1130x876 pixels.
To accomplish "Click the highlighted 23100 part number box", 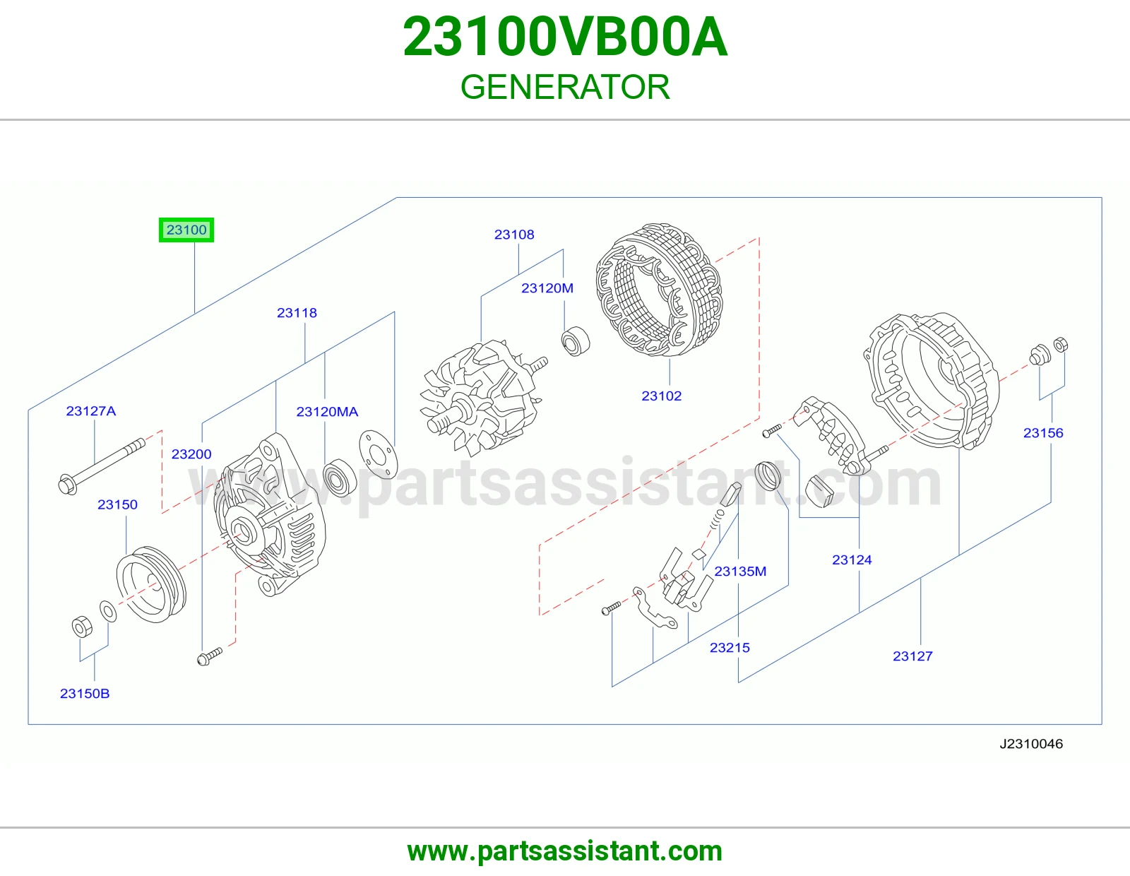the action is coord(186,230).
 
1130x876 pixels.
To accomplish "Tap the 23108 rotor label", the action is coord(513,235).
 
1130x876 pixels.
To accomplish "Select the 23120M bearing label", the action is coord(547,288).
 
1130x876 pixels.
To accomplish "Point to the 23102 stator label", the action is coord(662,396).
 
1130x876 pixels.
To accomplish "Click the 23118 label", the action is coord(297,313).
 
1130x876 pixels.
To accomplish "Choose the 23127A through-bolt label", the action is coord(91,411).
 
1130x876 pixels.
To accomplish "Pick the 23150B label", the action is coord(85,694).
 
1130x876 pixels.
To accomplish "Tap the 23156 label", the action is coord(1043,433).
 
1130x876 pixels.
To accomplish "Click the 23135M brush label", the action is coord(740,572).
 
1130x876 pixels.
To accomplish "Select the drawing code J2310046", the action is coord(1031,744).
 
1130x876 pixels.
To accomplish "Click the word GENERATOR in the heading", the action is coord(565,87).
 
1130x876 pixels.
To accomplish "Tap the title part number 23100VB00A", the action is coord(565,37).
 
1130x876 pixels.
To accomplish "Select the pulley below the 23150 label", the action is coord(151,584).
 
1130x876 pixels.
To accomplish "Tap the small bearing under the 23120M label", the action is coord(576,341).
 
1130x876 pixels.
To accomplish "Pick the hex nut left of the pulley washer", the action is coord(82,627).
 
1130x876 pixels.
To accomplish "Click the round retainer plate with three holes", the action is coord(378,454).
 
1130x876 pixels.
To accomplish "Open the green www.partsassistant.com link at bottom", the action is coord(565,851).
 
